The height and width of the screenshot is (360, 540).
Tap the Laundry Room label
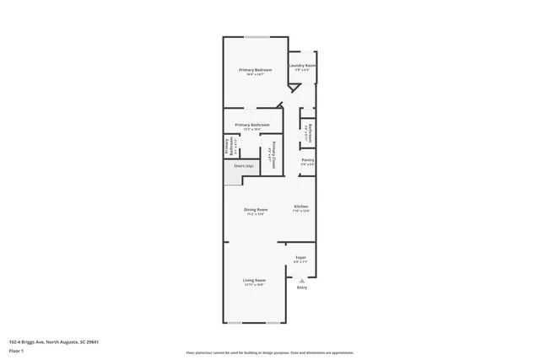pos(302,65)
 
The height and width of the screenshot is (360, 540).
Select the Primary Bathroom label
pos(252,125)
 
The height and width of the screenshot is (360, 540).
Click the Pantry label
pos(308,159)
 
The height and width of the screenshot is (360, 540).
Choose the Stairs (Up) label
pos(233,166)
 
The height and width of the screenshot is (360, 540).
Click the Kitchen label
pos(301,207)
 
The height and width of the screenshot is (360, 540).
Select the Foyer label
pos(300,256)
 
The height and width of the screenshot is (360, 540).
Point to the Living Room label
pos(255,280)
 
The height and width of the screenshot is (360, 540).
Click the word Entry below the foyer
pos(302,287)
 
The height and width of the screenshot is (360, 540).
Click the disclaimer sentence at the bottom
pos(269,352)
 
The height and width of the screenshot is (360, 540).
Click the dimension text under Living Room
pos(255,285)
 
